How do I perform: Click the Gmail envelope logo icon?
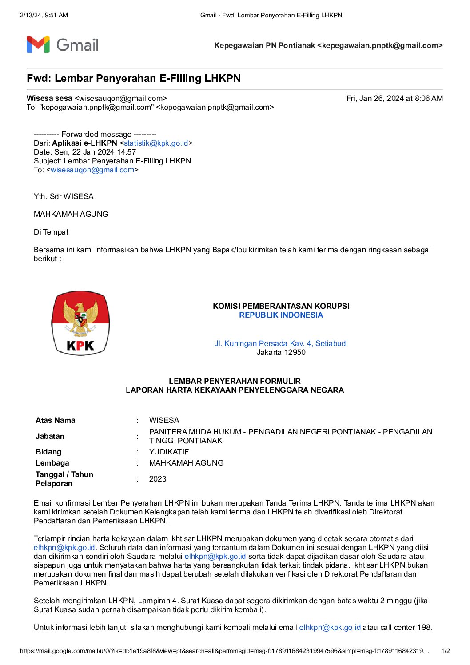(x=38, y=44)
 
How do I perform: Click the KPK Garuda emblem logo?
(x=80, y=323)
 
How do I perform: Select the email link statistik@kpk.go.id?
(x=156, y=143)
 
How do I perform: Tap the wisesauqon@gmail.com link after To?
(x=92, y=170)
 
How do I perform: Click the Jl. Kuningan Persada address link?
(x=281, y=343)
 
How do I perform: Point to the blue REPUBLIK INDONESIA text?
(x=281, y=315)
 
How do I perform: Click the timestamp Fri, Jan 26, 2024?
(x=394, y=98)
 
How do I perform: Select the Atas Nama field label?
(x=56, y=420)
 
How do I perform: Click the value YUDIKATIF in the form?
(x=169, y=452)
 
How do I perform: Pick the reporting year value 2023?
(x=158, y=479)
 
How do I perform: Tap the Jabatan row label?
(x=50, y=436)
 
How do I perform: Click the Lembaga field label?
(x=52, y=463)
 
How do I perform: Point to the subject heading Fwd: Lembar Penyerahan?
(x=133, y=78)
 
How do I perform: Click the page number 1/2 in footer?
(x=446, y=651)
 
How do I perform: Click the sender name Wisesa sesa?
(x=49, y=98)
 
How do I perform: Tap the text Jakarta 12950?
(x=281, y=352)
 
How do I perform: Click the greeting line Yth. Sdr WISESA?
(x=64, y=196)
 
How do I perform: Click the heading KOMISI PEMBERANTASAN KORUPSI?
(x=281, y=306)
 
